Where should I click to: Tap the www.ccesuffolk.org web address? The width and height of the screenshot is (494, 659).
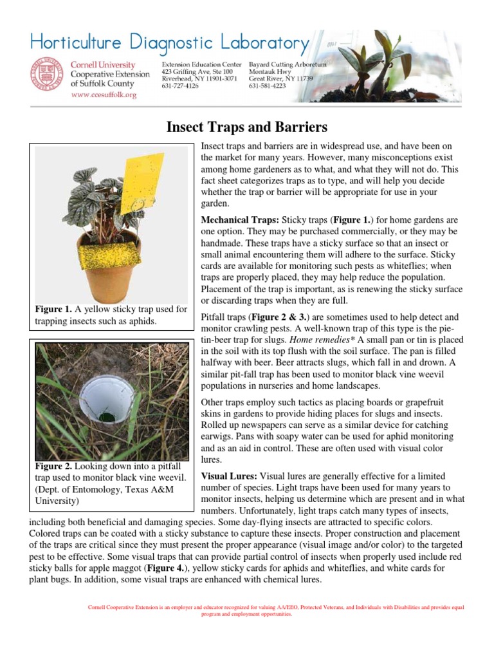(x=104, y=95)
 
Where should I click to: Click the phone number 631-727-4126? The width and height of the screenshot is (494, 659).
(x=180, y=86)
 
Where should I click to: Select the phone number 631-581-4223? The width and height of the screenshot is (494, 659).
(x=267, y=86)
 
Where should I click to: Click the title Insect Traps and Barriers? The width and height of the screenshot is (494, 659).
(x=246, y=126)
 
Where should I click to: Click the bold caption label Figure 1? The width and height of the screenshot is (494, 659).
(x=55, y=310)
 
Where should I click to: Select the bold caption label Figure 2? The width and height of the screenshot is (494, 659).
(x=55, y=466)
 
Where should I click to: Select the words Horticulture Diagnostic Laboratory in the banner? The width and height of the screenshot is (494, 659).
(x=169, y=43)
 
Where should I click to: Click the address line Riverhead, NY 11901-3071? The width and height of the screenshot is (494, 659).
(x=199, y=79)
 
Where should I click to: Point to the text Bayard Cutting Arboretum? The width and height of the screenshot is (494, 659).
(x=288, y=65)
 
